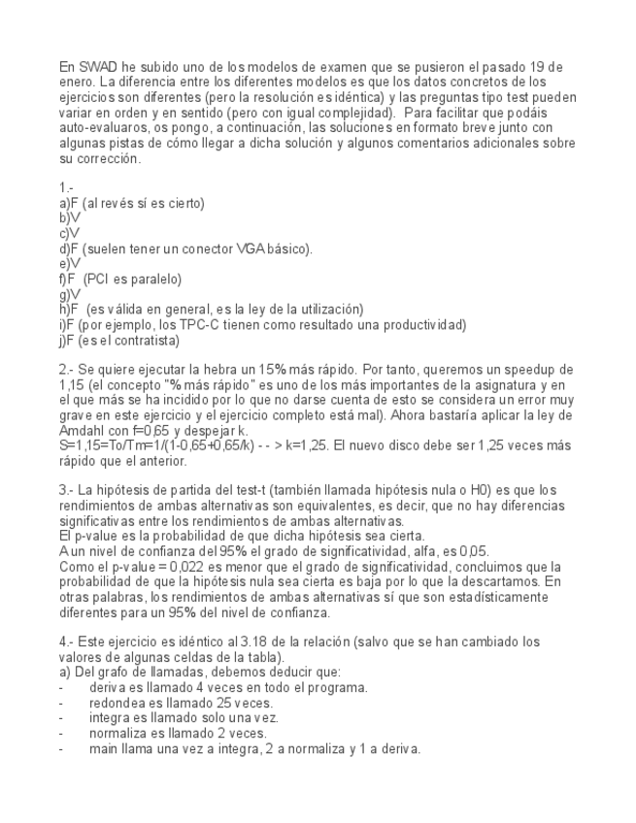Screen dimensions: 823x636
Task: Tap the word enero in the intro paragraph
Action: tap(77, 82)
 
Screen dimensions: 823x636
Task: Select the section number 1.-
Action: tap(67, 187)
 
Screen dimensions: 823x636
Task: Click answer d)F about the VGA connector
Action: tap(70, 248)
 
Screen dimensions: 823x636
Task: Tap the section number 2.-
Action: tap(67, 370)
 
